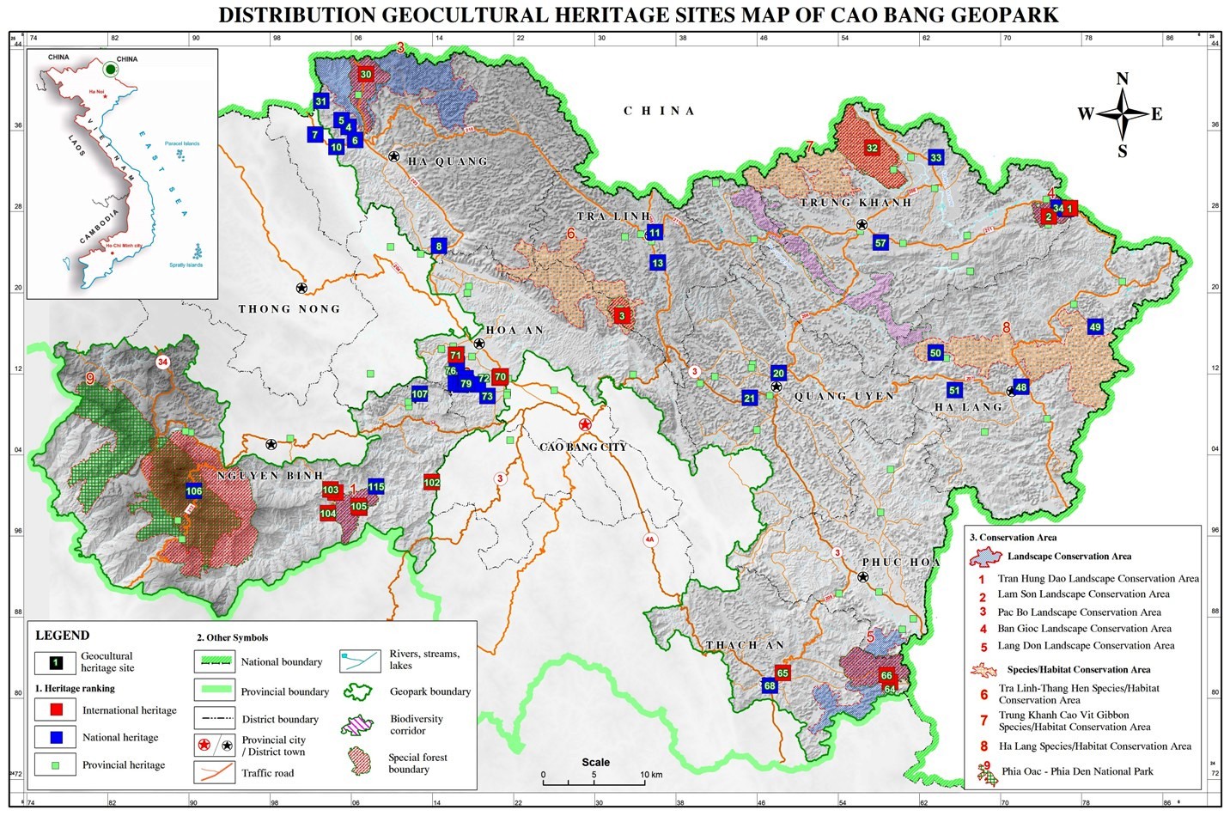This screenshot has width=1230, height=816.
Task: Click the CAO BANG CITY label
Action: (582, 447)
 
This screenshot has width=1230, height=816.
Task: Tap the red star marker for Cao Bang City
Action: (585, 424)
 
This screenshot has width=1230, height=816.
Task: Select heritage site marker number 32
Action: (872, 148)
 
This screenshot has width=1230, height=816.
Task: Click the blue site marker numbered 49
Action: (1094, 327)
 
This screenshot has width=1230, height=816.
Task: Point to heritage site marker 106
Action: (194, 491)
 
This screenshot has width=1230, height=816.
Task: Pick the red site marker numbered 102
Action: (432, 483)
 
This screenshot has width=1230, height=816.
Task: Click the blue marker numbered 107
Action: (419, 394)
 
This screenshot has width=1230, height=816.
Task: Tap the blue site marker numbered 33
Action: (936, 157)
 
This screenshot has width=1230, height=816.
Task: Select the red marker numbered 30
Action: (366, 75)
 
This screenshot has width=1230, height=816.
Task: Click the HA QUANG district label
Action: (448, 161)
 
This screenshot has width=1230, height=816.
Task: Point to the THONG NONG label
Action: (289, 309)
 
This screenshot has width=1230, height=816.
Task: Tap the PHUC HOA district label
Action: (901, 563)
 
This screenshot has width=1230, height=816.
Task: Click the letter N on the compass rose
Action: (1122, 79)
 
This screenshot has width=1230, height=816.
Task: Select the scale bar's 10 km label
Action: (650, 775)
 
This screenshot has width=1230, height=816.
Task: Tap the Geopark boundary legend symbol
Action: (361, 691)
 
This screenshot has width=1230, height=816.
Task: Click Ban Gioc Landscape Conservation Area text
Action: (1084, 629)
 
